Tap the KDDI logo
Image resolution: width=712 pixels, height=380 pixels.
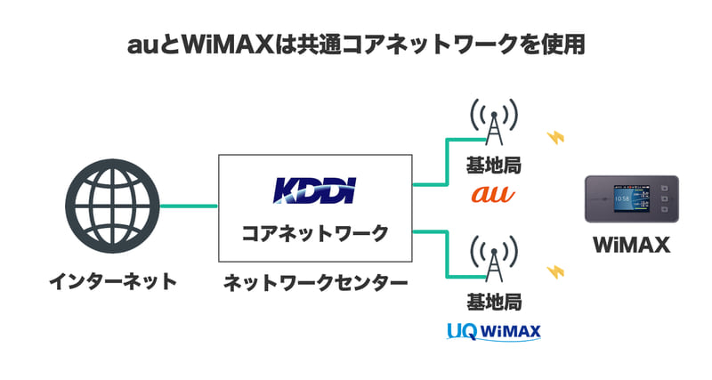314,190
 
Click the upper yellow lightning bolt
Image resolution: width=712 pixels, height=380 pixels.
556,138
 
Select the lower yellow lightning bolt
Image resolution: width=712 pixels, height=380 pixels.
556,270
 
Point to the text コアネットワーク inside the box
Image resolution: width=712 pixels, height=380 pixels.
315,234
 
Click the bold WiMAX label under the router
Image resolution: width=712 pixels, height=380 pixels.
631,245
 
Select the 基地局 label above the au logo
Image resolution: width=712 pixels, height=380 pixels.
492,166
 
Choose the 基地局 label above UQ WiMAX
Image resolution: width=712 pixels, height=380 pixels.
492,303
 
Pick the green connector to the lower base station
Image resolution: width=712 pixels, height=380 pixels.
445,254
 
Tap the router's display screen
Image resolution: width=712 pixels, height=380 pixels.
627,198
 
